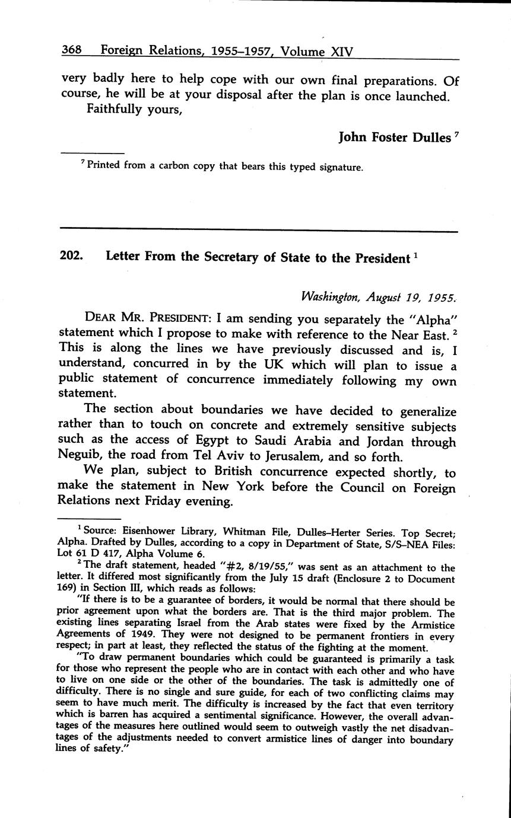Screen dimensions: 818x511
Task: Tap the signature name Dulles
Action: [428, 138]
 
